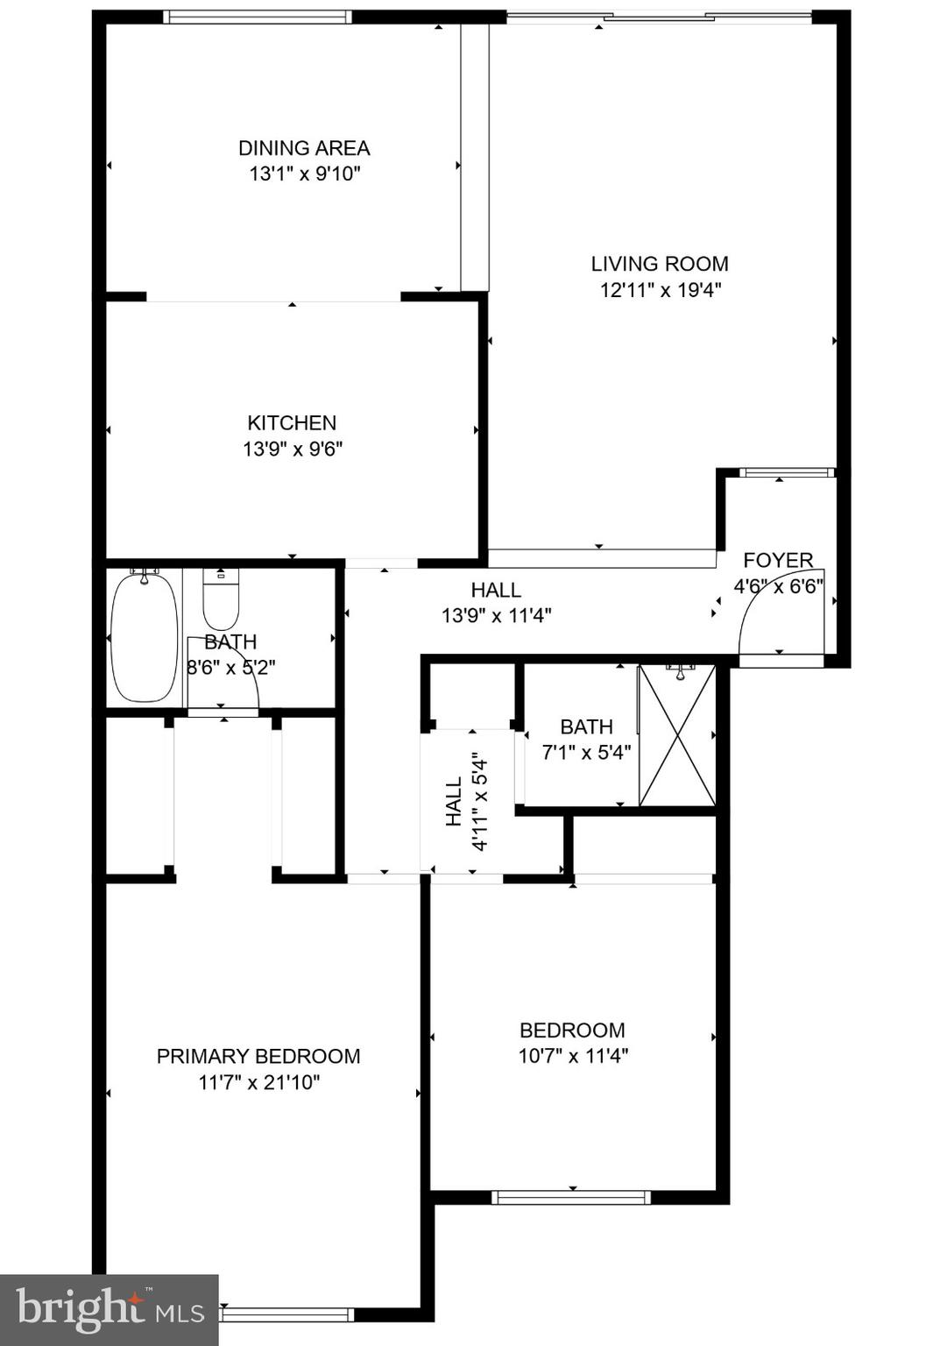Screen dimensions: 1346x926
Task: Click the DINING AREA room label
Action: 304,148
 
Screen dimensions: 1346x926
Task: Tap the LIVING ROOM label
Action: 659,264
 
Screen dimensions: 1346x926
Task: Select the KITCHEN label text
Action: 292,423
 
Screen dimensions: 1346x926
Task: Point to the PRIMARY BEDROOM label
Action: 258,1056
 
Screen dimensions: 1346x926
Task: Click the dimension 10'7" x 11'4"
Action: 573,1056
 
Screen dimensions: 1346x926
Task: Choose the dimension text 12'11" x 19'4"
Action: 660,290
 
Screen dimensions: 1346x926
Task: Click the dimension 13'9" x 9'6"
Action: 292,450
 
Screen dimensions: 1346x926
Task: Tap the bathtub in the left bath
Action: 144,637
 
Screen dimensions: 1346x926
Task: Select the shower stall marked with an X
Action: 677,735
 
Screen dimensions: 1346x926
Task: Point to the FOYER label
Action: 778,561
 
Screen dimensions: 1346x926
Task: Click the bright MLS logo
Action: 109,1309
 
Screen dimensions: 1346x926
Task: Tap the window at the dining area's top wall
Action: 257,17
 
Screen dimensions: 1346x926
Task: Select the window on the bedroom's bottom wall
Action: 570,1197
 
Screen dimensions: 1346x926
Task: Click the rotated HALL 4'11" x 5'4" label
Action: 466,802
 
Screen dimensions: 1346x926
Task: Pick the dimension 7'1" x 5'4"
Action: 586,752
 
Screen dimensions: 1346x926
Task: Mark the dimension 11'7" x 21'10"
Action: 258,1083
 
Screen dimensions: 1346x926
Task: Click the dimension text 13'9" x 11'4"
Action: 496,616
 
